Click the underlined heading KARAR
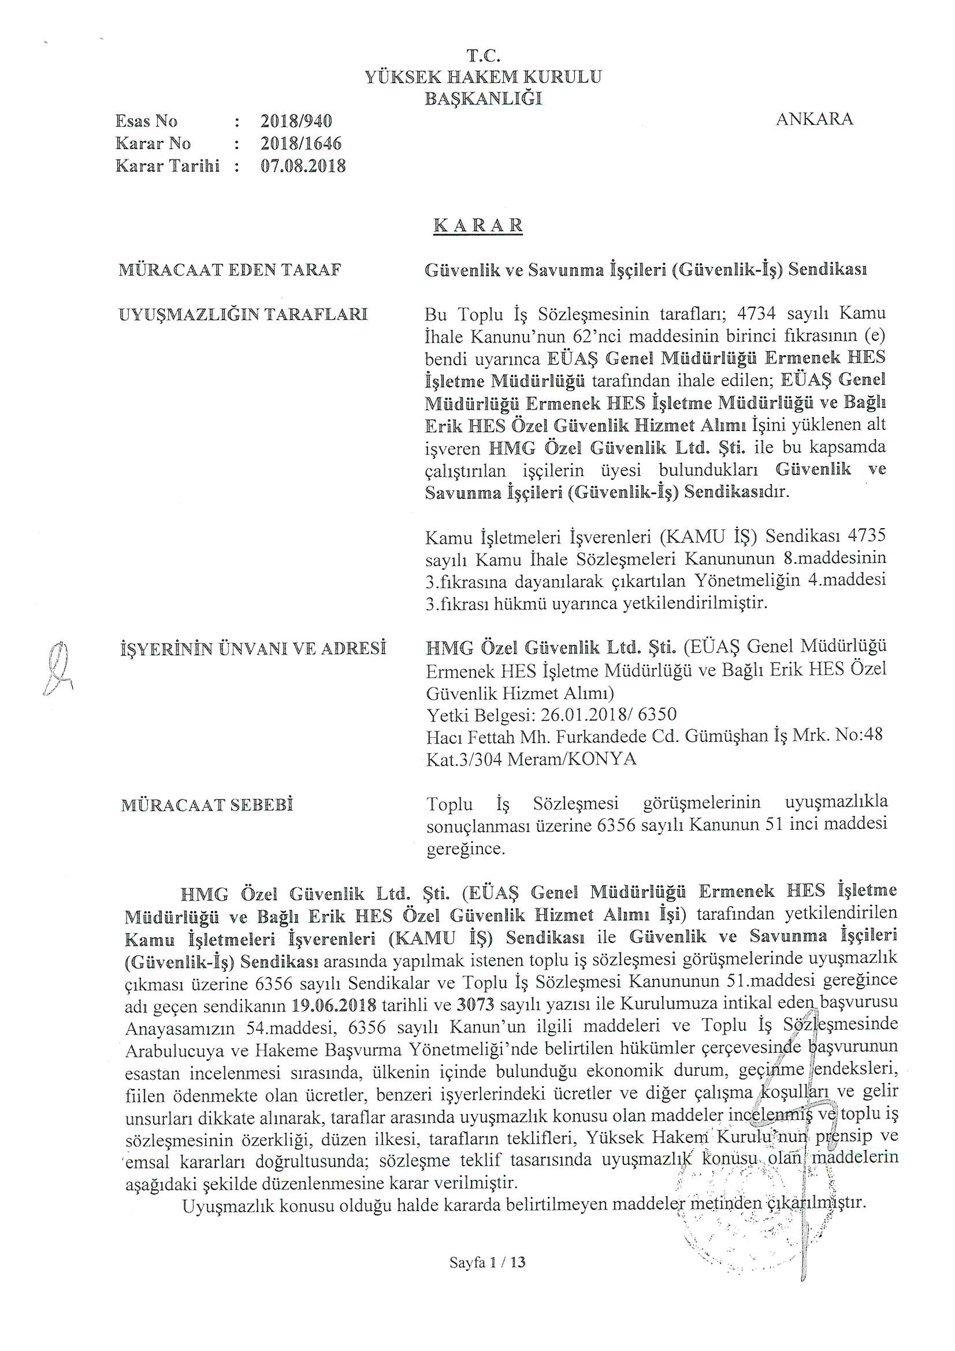(x=478, y=226)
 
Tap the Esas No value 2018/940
(x=296, y=121)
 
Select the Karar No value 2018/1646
(x=300, y=143)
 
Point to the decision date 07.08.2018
(x=303, y=166)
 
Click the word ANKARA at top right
(x=815, y=120)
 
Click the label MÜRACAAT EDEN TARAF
(x=230, y=270)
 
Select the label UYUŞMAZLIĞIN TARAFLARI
(x=243, y=314)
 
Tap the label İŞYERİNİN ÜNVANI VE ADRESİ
(x=253, y=649)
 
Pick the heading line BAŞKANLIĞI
(x=483, y=98)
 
